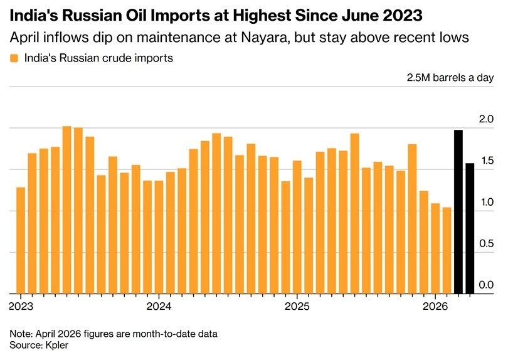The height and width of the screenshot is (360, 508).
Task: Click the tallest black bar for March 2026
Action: point(458,212)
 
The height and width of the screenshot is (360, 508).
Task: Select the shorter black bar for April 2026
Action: point(470,228)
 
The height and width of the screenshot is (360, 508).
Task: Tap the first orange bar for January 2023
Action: point(21,240)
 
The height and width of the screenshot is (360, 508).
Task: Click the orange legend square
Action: point(14,58)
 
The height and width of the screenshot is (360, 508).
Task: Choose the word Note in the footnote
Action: point(21,333)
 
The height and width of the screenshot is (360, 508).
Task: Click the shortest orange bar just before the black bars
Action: point(447,250)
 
